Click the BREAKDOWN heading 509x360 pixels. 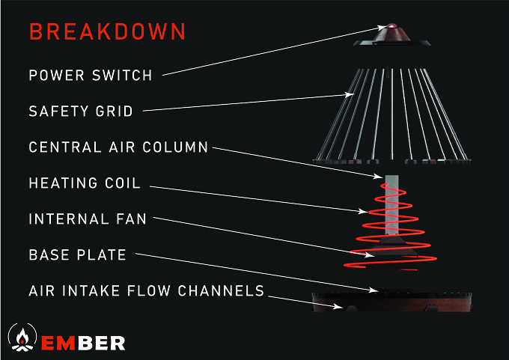coord(108,31)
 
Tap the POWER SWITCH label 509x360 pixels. coord(91,76)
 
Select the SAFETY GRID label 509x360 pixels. coord(81,112)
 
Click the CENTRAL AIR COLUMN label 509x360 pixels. coord(118,147)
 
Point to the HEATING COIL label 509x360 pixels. coord(85,183)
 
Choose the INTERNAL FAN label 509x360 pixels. coord(88,219)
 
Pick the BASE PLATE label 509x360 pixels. coord(78,254)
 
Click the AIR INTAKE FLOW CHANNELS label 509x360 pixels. coord(147,291)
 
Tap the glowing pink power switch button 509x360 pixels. coord(391,26)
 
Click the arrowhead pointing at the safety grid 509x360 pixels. coord(350,94)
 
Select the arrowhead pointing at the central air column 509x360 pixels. coord(379,177)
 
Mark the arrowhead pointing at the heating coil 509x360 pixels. coord(363,211)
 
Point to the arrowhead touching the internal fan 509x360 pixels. coord(370,254)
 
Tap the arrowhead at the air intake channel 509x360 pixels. coord(338,306)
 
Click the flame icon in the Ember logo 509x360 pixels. coord(22,338)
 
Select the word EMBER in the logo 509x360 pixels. coord(83,343)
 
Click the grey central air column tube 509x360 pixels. coord(391,205)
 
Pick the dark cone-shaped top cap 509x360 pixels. coord(391,36)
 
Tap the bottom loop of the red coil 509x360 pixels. coord(389,263)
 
